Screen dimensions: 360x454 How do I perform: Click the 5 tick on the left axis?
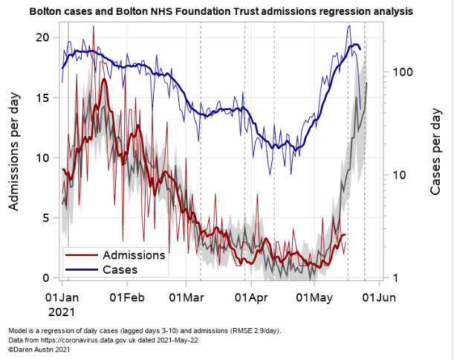[46, 218]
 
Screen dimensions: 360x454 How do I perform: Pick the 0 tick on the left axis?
[46, 278]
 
